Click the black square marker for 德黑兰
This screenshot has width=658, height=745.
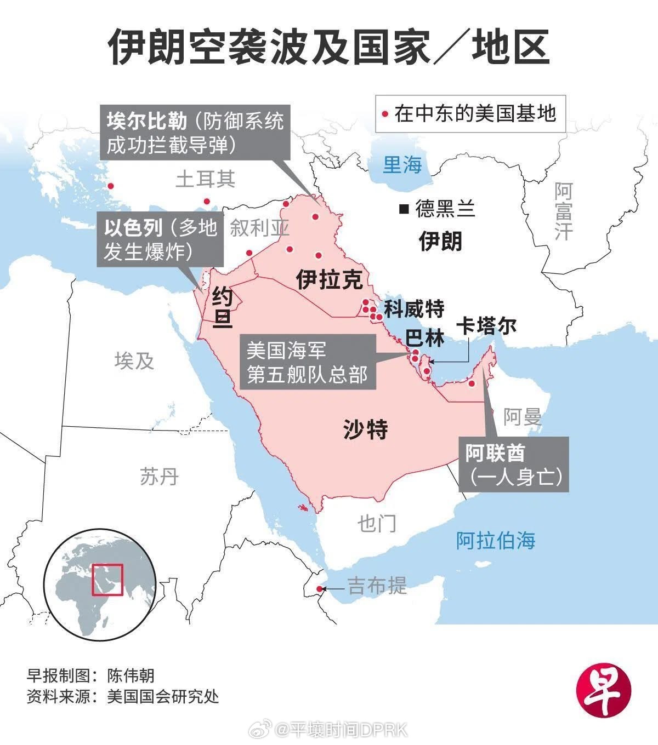pos(404,208)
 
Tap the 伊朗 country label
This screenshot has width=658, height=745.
pos(440,240)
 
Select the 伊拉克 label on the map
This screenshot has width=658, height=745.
pos(329,279)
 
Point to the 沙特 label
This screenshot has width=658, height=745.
pos(366,428)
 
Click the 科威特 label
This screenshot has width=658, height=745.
pos(413,309)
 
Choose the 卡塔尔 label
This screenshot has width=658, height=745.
pos(486,326)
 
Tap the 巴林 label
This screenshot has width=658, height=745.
pos(425,338)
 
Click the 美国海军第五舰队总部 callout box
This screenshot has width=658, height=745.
pos(307,362)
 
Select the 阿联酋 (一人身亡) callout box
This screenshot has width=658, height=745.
pos(513,464)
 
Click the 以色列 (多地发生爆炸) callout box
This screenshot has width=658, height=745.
pos(161,239)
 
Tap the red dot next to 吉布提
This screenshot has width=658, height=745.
pos(319,589)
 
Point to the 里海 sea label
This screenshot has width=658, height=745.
pos(402,164)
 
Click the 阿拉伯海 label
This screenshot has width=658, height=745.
pos(496,540)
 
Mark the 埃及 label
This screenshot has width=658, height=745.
pos(134,360)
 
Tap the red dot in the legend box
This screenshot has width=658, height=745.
pos(385,114)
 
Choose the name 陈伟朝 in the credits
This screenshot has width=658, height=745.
pos(131,674)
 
